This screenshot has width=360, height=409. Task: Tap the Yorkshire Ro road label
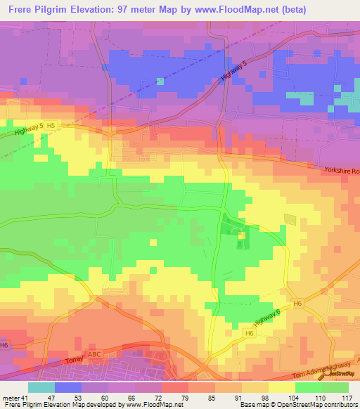342,171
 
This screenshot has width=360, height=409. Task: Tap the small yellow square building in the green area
241,235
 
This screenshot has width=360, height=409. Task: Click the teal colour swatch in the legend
41,388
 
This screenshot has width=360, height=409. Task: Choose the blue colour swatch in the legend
67,388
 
